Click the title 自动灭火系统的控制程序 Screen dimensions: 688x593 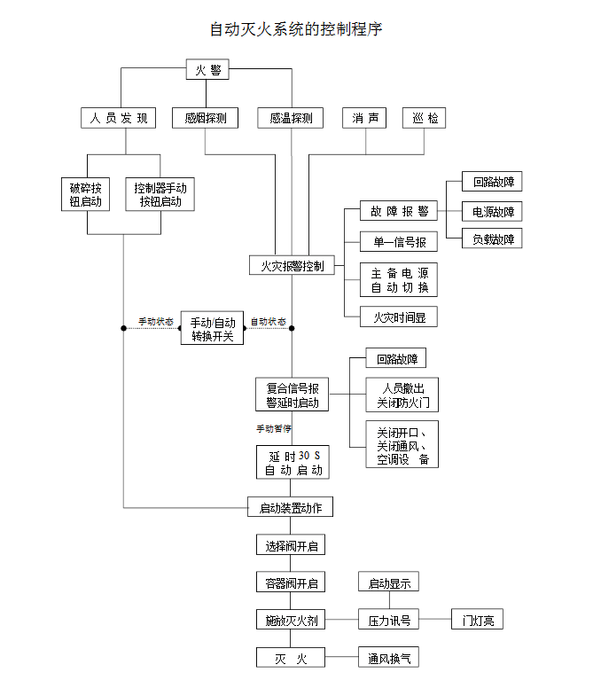pos(296,29)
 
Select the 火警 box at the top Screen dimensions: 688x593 pos(207,70)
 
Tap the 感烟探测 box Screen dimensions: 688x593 pos(206,118)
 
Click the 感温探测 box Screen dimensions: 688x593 pos(291,118)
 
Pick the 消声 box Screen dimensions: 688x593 pos(364,118)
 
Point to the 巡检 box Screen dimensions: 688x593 pos(424,118)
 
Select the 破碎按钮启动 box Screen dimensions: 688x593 pos(86,195)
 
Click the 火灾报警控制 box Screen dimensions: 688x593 pos(292,265)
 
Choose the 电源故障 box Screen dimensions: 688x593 pos(492,211)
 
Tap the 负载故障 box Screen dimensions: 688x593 pos(492,238)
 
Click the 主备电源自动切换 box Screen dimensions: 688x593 pos(398,280)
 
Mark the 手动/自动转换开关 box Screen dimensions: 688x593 pos(212,328)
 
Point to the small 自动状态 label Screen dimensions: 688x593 pos(268,321)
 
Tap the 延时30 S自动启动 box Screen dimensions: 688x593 pos(292,463)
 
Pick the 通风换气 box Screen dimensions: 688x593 pos(388,658)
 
